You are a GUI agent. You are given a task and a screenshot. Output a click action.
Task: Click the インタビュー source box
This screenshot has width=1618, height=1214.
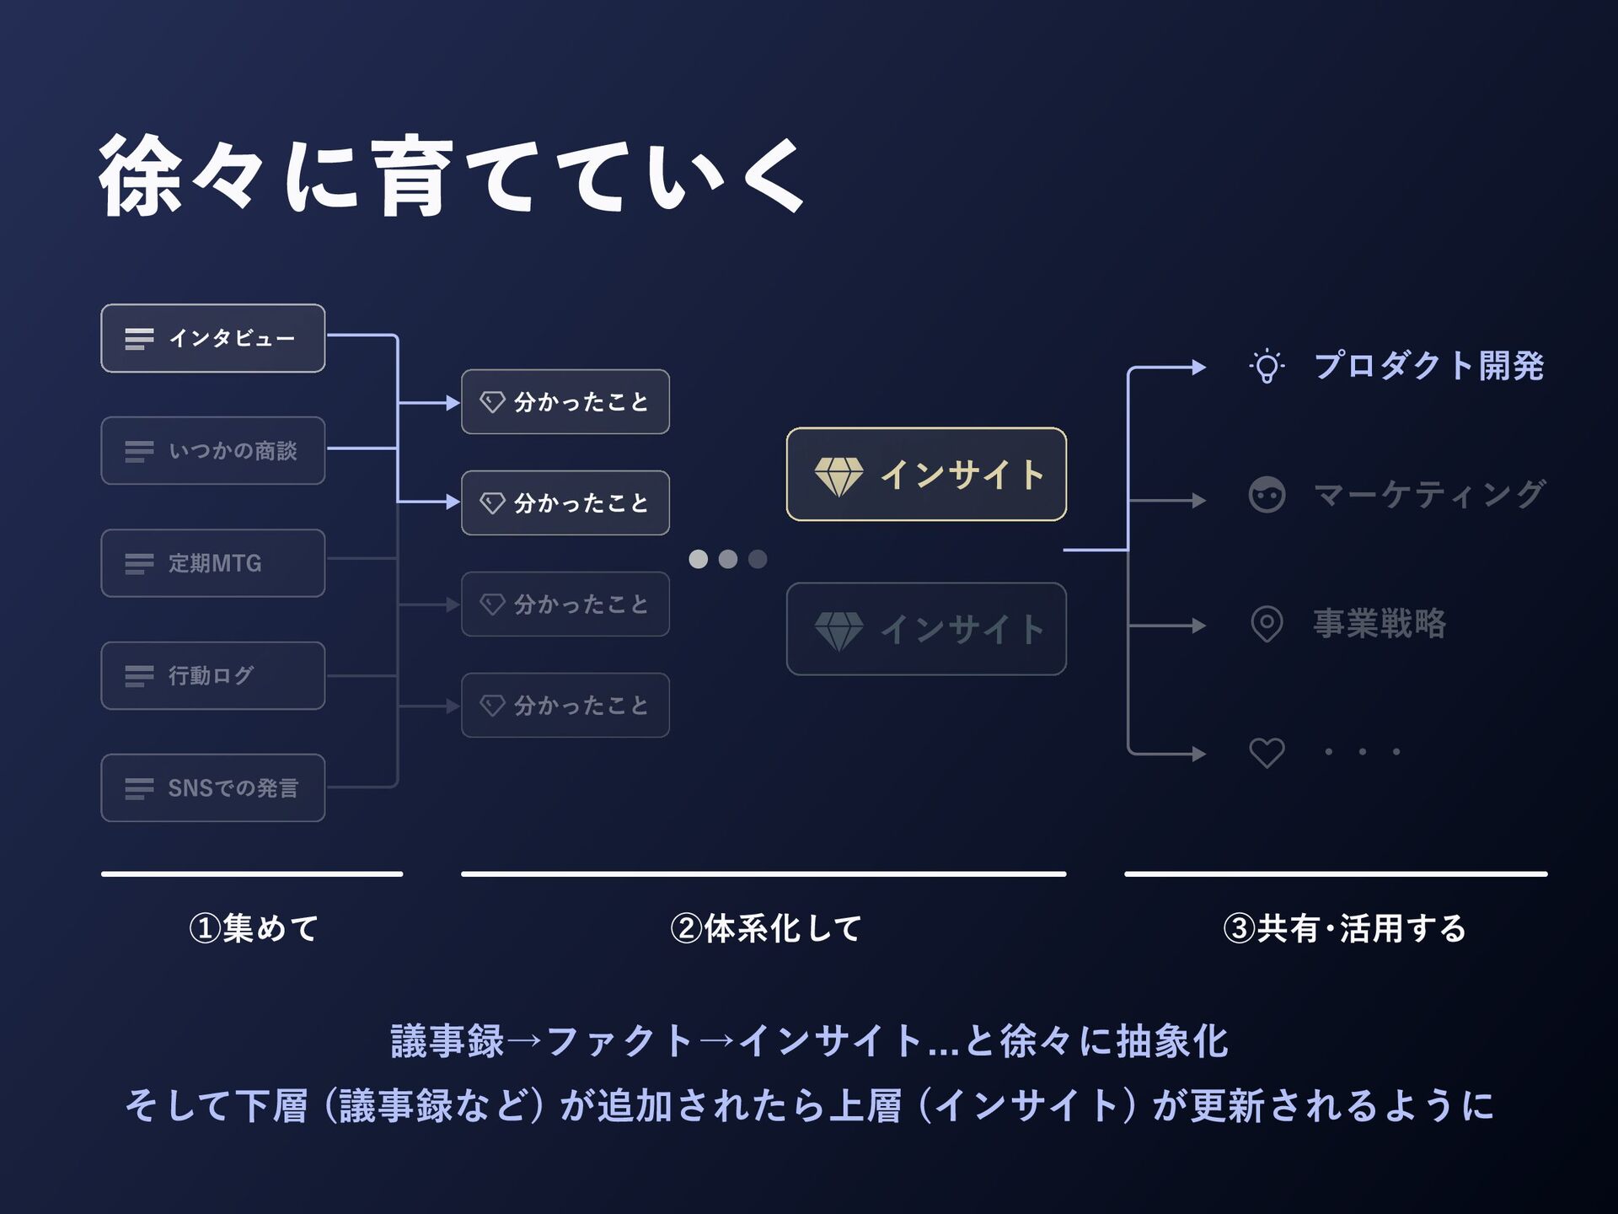[213, 338]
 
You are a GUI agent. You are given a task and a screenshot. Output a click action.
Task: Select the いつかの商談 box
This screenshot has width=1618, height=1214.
[213, 451]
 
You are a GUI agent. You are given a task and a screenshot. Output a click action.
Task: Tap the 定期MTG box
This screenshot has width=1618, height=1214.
[213, 563]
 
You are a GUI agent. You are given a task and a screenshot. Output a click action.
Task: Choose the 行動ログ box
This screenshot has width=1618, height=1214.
[213, 675]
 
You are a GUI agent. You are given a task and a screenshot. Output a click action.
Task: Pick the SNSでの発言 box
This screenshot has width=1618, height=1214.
[213, 788]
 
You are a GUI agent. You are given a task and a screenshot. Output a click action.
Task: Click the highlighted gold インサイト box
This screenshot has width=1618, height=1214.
[926, 475]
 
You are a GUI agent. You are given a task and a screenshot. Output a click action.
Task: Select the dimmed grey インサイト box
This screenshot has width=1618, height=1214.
[926, 629]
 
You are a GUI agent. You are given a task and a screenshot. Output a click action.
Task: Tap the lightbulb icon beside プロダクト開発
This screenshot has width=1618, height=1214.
[1267, 367]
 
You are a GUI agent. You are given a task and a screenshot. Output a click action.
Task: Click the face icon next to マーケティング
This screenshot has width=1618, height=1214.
[1267, 495]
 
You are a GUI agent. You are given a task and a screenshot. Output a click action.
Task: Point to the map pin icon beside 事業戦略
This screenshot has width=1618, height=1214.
[1267, 625]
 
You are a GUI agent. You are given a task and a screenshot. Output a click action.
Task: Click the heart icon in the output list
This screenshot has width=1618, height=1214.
[1267, 752]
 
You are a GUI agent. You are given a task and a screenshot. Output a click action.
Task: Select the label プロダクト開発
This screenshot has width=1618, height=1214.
[1428, 366]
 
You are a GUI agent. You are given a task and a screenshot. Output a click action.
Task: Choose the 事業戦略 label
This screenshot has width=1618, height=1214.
[1380, 624]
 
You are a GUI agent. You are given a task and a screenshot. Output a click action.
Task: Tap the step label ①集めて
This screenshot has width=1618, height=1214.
[253, 928]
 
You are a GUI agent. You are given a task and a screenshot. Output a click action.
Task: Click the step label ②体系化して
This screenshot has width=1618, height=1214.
[765, 928]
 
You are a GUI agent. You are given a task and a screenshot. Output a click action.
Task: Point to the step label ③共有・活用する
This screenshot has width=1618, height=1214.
[1343, 928]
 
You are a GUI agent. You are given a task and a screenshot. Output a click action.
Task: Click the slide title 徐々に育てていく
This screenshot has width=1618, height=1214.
[452, 175]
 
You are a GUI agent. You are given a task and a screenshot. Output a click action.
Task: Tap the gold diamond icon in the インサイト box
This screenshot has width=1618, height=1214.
[838, 476]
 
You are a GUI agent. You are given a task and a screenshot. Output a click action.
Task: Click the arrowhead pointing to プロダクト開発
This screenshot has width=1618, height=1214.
[1198, 368]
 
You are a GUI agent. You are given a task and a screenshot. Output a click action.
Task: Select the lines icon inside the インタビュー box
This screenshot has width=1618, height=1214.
[139, 339]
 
